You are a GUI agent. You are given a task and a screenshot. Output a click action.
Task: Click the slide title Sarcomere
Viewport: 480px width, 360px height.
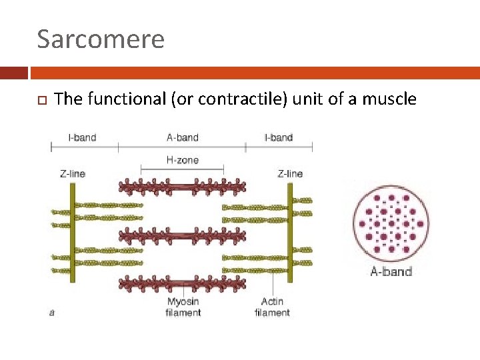coord(101,39)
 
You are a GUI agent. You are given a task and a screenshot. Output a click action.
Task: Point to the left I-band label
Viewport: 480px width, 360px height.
coord(82,137)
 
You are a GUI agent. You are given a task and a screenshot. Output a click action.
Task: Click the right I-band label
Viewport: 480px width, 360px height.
coord(279,137)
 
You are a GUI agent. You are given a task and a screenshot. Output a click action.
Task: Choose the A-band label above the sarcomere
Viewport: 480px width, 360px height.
coord(183,137)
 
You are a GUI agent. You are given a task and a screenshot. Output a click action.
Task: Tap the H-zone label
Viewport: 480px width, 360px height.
coord(182,159)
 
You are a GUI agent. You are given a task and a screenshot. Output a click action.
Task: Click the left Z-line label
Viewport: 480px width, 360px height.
coord(73,173)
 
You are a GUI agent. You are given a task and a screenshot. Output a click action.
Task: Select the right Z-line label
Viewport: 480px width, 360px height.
coord(290,173)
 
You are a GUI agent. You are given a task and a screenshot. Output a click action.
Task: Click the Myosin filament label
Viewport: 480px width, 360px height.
coord(183,307)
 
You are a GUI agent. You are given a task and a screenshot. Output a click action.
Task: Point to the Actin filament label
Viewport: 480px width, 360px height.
coord(273,307)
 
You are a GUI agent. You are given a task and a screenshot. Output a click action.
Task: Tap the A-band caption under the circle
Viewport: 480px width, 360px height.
coord(391,271)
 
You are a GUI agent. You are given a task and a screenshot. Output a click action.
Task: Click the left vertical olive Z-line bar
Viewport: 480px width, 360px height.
coord(72,233)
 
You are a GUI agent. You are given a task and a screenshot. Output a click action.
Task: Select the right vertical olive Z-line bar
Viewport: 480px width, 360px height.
coord(290,233)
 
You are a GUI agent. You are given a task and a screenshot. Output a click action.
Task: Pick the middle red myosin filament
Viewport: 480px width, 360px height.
coord(182,235)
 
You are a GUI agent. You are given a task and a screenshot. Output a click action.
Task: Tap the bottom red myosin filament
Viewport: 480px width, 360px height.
coord(182,283)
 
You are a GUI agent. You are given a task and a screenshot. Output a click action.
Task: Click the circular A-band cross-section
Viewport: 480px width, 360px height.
coord(391,223)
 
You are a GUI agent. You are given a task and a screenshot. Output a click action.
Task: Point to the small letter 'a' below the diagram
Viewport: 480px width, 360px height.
coord(52,311)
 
